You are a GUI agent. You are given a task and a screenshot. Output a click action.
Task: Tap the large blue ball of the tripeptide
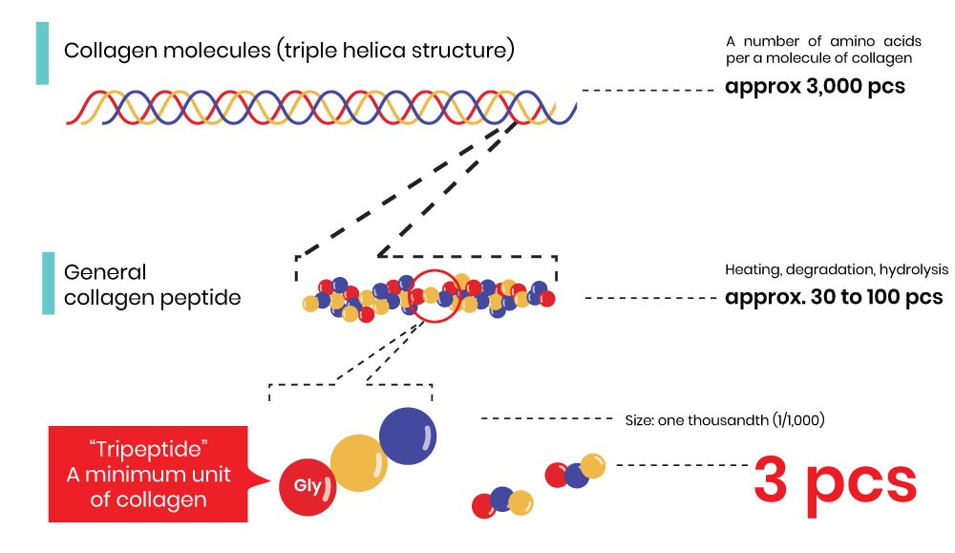click(x=410, y=435)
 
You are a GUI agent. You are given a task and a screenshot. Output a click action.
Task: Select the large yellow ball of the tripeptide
click(x=359, y=464)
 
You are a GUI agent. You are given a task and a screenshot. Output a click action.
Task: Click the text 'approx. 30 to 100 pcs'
click(x=834, y=297)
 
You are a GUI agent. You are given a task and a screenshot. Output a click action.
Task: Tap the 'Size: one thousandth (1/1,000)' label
click(x=723, y=418)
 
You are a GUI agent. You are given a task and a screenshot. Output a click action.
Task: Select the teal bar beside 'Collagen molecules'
click(x=42, y=53)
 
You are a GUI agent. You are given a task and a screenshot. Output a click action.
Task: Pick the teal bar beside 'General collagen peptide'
click(x=48, y=283)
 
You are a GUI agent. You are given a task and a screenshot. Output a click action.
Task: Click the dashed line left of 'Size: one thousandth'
click(x=545, y=418)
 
